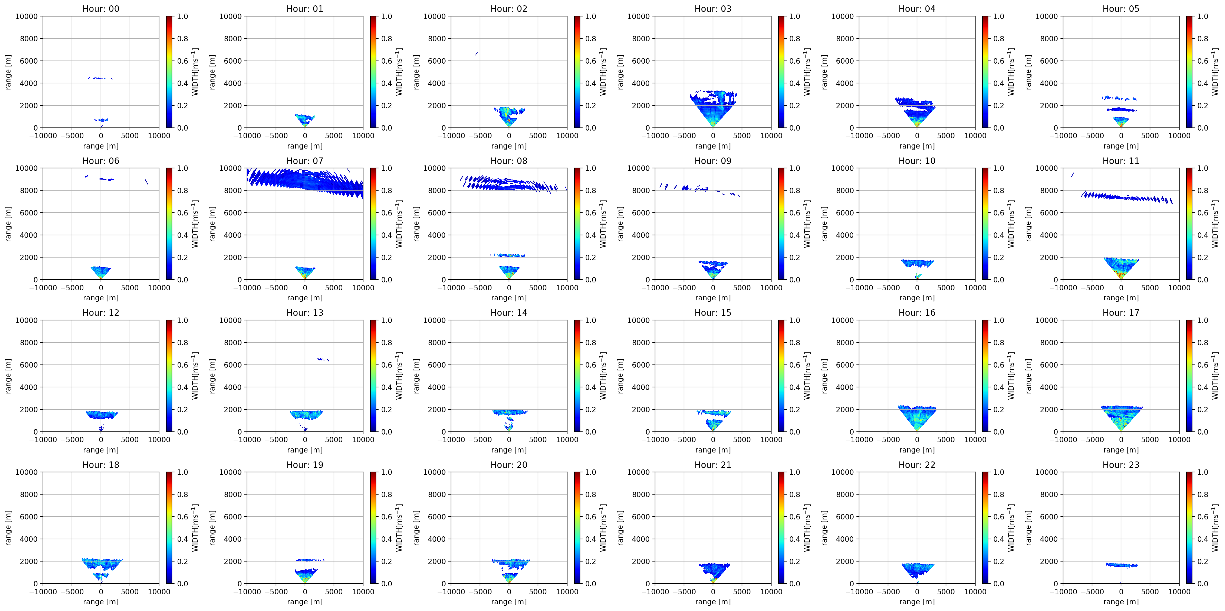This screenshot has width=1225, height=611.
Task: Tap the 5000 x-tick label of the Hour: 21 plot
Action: (x=742, y=592)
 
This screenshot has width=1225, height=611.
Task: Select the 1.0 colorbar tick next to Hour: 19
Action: (x=386, y=472)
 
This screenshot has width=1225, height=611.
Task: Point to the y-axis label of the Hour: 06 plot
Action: (x=8, y=223)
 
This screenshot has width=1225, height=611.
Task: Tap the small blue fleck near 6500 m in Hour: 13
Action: (x=323, y=360)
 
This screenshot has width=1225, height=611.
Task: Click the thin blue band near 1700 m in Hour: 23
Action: (x=1121, y=565)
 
